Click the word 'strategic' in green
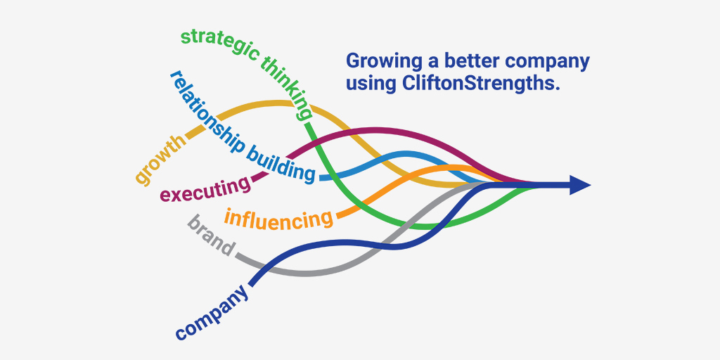pyautogui.click(x=218, y=41)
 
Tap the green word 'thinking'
pyautogui.click(x=288, y=87)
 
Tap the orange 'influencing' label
pyautogui.click(x=279, y=219)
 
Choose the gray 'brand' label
pyautogui.click(x=211, y=236)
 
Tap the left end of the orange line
pyautogui.click(x=339, y=214)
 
